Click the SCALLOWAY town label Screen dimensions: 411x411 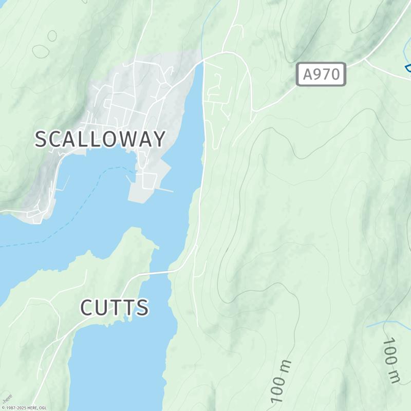coord(100,139)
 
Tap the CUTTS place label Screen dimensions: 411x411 coord(115,308)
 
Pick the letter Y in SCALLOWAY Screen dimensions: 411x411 coord(159,139)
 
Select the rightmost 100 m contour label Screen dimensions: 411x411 coord(393,360)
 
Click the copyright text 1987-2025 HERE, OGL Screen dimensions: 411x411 coord(25,408)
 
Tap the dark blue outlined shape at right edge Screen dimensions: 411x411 coord(408,68)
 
